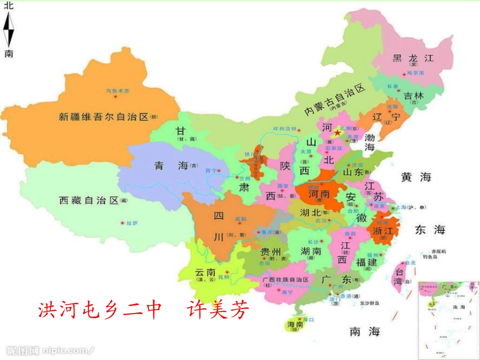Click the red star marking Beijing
tap(338, 132)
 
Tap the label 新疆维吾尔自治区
tap(104, 117)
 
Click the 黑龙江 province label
tap(413, 58)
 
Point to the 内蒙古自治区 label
tap(334, 99)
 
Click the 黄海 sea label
tap(416, 177)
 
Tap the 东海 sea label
tap(430, 230)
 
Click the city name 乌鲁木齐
tap(118, 91)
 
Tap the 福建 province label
tap(366, 263)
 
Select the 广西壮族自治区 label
tap(285, 279)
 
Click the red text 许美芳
tap(218, 310)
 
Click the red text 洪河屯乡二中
tap(100, 310)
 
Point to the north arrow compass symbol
tap(9, 29)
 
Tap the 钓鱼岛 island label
tap(430, 257)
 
